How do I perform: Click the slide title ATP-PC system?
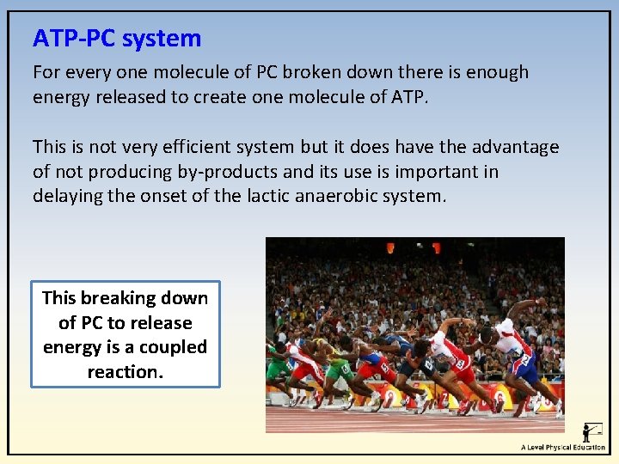click(117, 39)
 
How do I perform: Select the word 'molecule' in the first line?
click(180, 73)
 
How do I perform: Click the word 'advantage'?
click(512, 148)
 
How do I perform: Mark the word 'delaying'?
click(66, 196)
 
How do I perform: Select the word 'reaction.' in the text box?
click(125, 372)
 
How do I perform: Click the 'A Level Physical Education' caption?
click(562, 447)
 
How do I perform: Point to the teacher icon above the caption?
click(592, 431)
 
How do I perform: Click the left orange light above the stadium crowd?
click(390, 247)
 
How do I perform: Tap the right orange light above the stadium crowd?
click(437, 247)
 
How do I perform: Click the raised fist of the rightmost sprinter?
click(540, 302)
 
